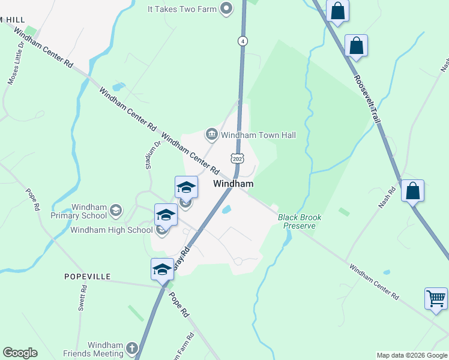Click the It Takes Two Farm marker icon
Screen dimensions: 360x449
click(x=226, y=8)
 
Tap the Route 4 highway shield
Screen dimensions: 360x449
click(x=243, y=41)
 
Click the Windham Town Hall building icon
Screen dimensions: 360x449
click(x=211, y=135)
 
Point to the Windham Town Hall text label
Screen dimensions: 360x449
click(x=258, y=136)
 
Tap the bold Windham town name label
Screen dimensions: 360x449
click(x=234, y=184)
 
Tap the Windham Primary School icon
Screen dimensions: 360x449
click(x=115, y=211)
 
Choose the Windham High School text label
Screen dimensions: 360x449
click(x=111, y=230)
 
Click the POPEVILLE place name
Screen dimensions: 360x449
click(x=88, y=277)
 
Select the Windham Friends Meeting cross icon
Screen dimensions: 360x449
click(x=132, y=349)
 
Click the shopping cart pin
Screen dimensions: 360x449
click(x=436, y=298)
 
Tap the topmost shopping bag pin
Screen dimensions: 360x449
click(x=338, y=11)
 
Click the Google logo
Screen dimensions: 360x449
click(x=20, y=353)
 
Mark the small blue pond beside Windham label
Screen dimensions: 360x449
click(x=227, y=210)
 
